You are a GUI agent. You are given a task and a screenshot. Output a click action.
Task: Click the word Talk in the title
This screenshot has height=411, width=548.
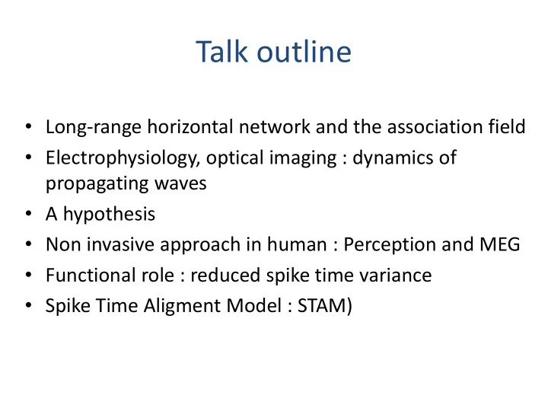coord(221,52)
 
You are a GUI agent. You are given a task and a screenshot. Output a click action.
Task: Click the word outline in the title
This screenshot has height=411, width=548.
coord(304,52)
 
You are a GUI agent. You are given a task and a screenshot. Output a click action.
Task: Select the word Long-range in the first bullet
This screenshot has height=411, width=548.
coord(94,127)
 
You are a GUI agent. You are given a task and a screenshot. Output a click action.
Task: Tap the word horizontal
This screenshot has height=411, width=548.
coord(190,126)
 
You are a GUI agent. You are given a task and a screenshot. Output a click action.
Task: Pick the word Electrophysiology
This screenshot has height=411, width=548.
coord(123,158)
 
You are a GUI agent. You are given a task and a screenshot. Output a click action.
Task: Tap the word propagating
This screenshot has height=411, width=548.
coord(97,184)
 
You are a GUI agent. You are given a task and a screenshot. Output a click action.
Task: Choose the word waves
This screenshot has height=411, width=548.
coord(180,184)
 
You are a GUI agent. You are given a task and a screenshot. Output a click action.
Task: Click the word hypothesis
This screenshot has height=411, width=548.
coord(109,214)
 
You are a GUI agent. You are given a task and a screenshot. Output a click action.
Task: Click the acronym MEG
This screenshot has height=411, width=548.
coord(500,244)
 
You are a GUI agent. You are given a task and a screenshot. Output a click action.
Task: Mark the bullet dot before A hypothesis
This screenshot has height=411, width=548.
coord(29,213)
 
